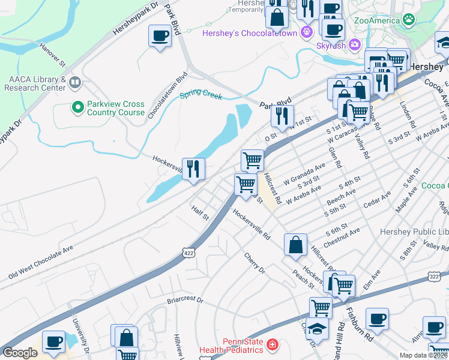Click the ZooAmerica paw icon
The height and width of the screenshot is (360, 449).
(x=408, y=20)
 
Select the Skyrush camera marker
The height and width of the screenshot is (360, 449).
(x=354, y=44)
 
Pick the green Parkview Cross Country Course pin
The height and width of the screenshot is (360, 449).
(x=77, y=107)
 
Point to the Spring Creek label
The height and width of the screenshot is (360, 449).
(x=201, y=96)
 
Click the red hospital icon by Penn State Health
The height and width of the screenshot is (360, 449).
(x=272, y=345)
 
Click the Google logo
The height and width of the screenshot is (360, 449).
(x=20, y=353)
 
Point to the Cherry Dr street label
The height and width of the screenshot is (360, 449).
(x=255, y=263)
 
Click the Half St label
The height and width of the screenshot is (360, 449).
(x=200, y=212)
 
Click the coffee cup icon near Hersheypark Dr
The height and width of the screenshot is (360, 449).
(x=160, y=36)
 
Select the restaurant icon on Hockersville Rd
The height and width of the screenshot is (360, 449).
(x=193, y=169)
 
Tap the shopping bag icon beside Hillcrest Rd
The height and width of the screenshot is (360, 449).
(x=295, y=245)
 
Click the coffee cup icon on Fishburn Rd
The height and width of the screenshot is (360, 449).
(x=377, y=319)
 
